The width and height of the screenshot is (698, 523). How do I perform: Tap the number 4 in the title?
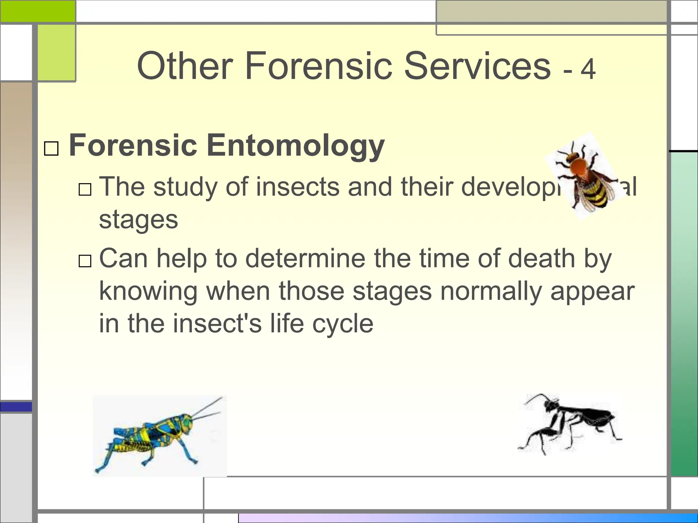pyautogui.click(x=588, y=69)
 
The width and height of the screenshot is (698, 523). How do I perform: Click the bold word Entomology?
pyautogui.click(x=295, y=146)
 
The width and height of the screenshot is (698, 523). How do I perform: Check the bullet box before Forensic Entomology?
pyautogui.click(x=51, y=149)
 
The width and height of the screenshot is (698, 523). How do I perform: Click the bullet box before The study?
pyautogui.click(x=85, y=189)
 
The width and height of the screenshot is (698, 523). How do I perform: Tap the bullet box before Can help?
pyautogui.click(x=85, y=261)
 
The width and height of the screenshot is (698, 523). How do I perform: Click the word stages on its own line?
pyautogui.click(x=138, y=220)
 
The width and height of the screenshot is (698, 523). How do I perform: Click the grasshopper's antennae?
pyautogui.click(x=208, y=409)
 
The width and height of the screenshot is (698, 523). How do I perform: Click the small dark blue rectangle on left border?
pyautogui.click(x=16, y=407)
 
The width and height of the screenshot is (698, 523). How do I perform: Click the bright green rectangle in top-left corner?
pyautogui.click(x=37, y=11)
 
